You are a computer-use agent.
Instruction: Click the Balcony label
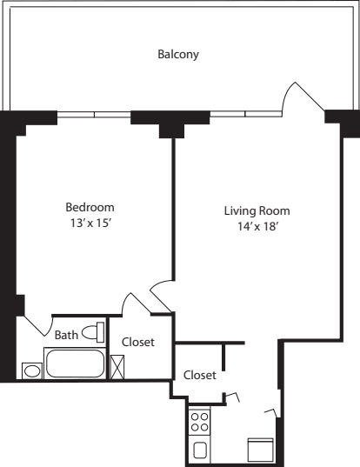point(178,55)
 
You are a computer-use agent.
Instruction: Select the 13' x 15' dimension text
point(90,223)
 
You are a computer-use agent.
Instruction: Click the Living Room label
point(257,210)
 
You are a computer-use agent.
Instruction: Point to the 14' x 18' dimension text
point(257,226)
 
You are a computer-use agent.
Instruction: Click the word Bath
point(66,335)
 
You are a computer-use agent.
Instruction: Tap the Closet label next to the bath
point(138,343)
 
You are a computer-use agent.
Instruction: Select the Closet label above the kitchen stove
point(199,375)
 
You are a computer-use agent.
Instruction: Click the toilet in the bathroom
point(98,330)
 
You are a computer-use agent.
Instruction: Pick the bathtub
point(74,364)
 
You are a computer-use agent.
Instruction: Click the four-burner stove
point(199,422)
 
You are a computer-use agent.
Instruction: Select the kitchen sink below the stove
point(199,450)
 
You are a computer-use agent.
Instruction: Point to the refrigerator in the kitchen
point(261,450)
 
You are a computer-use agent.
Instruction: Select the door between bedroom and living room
point(162,296)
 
